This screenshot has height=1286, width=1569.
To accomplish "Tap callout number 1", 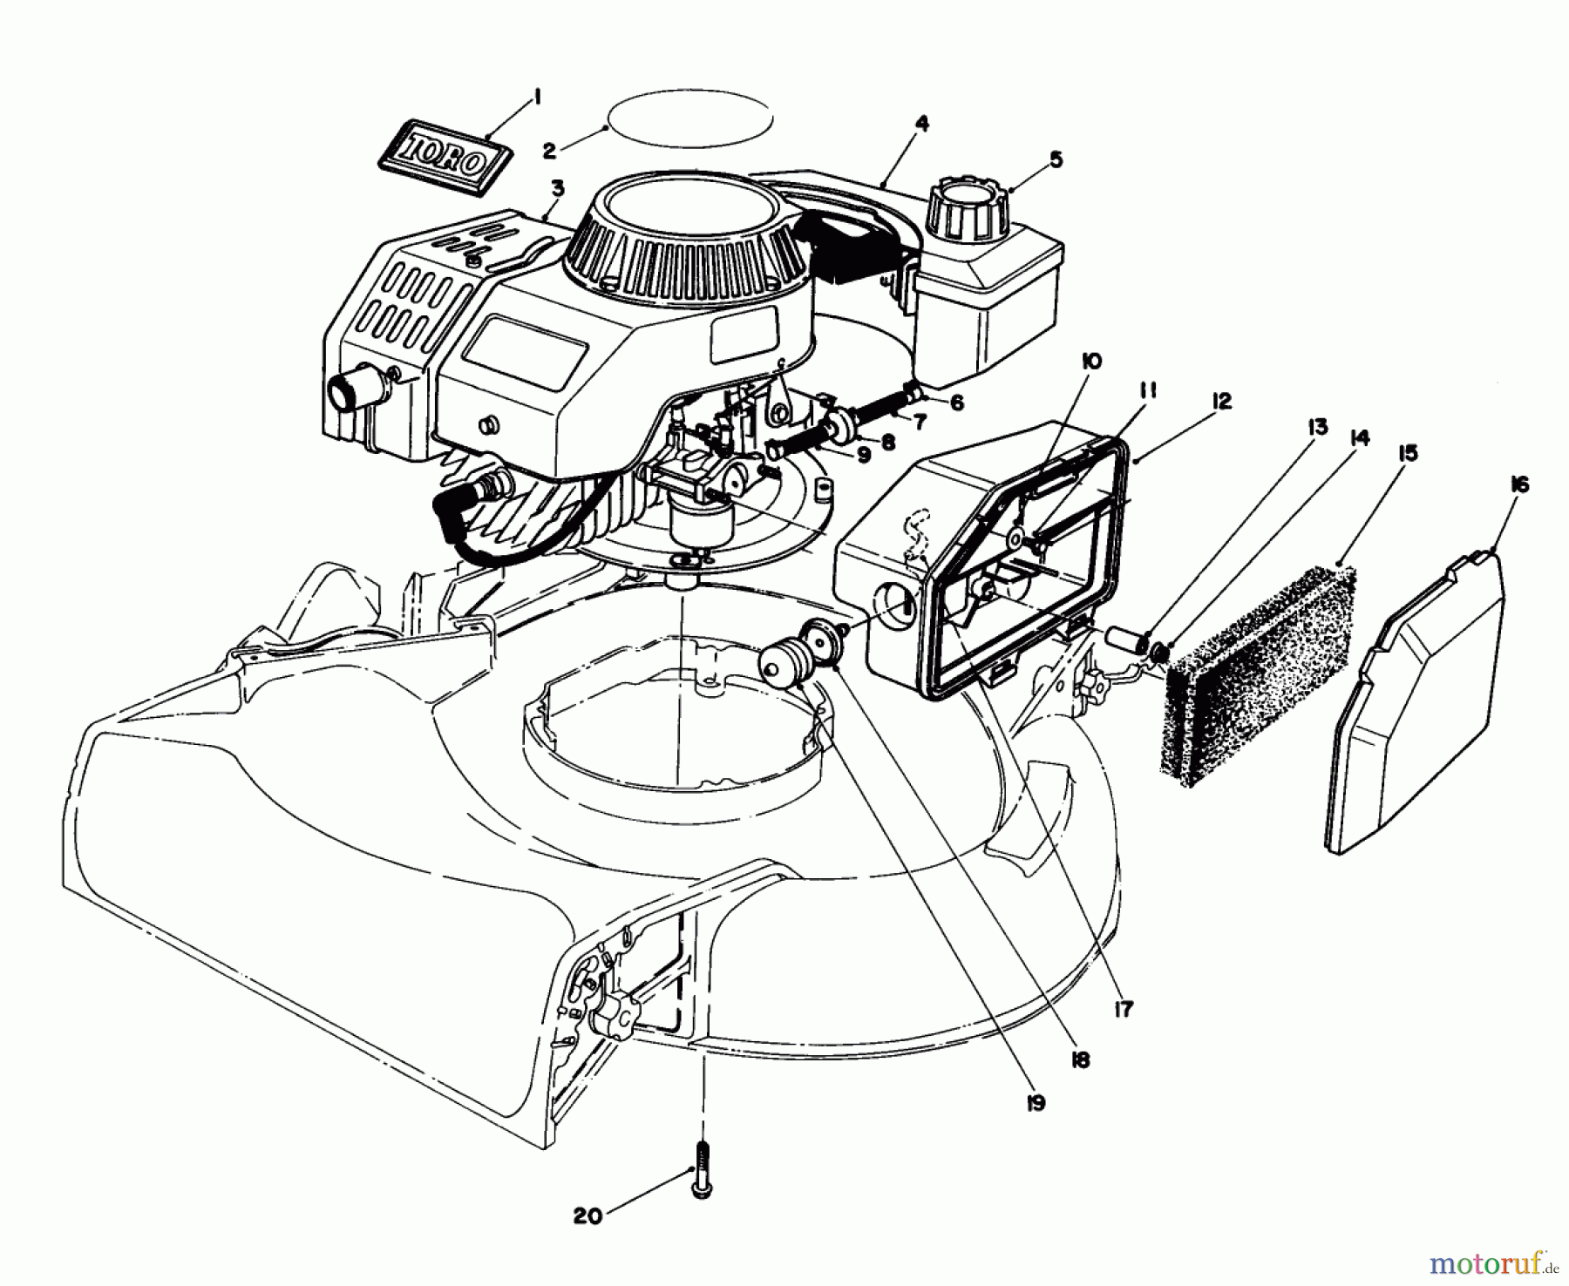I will (538, 99).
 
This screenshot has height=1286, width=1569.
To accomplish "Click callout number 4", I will (922, 124).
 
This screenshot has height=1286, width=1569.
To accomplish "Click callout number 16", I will (1518, 485).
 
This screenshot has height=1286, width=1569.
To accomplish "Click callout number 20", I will (588, 1215).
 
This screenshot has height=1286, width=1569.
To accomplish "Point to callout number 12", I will (1220, 401).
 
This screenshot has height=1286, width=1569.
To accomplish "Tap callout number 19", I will (1036, 1102).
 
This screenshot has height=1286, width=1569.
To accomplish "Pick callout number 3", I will (558, 187).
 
